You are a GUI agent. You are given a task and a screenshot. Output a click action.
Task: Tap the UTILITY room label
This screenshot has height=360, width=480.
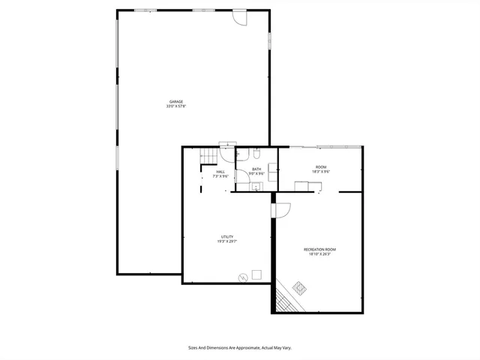tap(226, 236)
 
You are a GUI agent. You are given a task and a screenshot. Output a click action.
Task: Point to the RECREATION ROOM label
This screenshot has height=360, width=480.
tap(319, 249)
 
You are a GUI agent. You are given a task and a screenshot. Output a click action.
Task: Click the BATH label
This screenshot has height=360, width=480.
tap(256, 169)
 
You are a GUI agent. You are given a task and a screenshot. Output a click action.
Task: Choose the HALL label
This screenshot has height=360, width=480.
tap(220, 172)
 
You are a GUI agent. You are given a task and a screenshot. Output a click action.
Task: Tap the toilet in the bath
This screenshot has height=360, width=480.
tap(256, 154)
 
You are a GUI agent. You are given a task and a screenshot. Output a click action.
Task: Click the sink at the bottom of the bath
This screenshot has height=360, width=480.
tap(255, 187)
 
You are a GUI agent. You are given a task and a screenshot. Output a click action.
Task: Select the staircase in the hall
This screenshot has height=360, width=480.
tap(208, 155)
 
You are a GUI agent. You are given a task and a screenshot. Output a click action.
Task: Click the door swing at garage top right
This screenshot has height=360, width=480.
tap(238, 18)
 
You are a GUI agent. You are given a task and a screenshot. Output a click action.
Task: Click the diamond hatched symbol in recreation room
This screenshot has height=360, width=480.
tap(299, 287)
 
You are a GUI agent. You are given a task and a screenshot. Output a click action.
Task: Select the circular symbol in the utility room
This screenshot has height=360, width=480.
tap(242, 277)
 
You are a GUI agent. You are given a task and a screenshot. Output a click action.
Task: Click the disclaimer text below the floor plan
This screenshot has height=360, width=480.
tap(239, 347)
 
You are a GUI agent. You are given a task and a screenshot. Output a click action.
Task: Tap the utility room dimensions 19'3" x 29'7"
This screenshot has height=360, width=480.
tap(226, 241)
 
